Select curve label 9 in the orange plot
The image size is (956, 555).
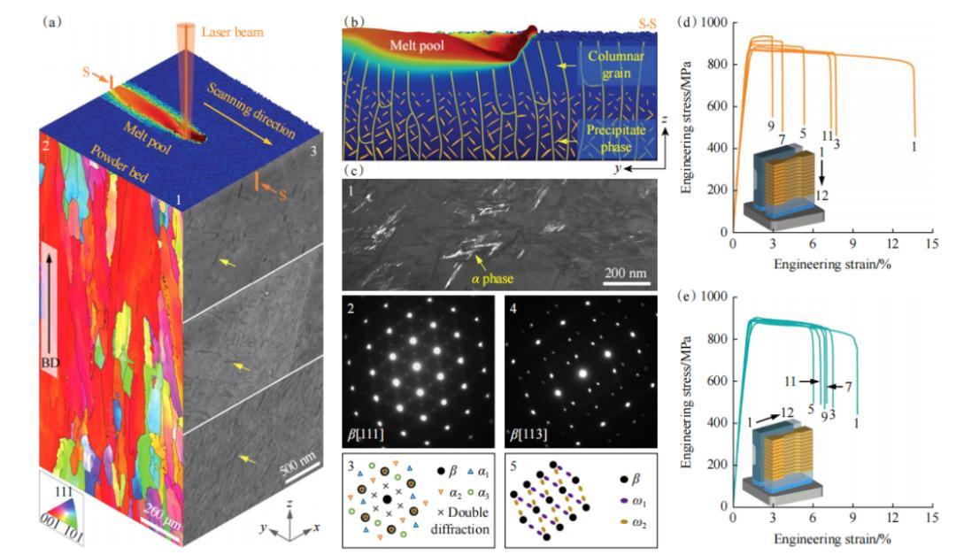pos(771,127)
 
